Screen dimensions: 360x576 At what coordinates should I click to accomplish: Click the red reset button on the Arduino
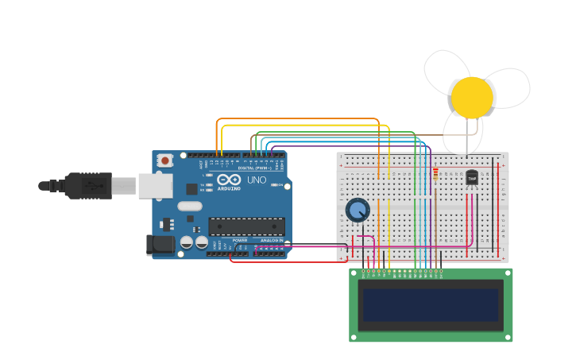coord(164,161)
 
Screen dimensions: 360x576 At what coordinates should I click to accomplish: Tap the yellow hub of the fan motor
coord(472,97)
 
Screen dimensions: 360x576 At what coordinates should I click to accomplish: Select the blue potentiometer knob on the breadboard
coord(358,210)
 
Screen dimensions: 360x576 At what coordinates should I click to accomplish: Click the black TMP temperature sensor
coord(472,178)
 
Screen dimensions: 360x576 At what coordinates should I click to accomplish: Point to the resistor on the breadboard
coord(435,173)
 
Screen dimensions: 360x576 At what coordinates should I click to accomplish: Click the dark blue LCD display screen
coord(431,304)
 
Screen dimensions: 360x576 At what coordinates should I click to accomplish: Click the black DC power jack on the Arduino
coord(160,245)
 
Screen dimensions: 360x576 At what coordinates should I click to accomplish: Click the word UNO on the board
coord(257,180)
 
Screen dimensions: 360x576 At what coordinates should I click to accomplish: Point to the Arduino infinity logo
coord(229,180)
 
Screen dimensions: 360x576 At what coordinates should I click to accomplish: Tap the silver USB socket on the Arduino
coord(155,186)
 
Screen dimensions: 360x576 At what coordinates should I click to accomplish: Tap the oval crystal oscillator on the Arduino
coord(190,207)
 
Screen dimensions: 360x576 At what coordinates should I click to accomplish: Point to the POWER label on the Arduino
coord(239,239)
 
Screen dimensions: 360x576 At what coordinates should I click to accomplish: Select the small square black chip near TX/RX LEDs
coord(191,188)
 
